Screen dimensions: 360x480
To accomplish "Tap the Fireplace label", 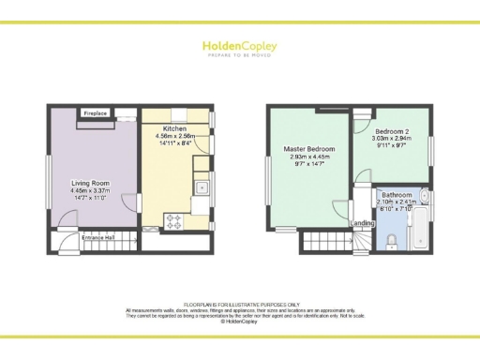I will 96,113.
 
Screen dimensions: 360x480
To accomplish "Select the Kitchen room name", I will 174,128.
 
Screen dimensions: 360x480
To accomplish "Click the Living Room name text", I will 91,183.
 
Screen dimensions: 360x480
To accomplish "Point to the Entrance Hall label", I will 97,239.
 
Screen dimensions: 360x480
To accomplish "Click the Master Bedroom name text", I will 308,149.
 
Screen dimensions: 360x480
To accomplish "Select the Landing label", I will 363,222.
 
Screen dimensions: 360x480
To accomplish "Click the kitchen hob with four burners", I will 174,222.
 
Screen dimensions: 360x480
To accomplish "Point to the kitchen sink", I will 202,188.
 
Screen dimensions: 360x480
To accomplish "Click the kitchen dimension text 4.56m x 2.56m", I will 174,136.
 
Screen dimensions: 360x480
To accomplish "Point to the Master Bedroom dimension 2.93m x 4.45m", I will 308,157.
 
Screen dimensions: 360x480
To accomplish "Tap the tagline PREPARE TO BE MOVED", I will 239,54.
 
